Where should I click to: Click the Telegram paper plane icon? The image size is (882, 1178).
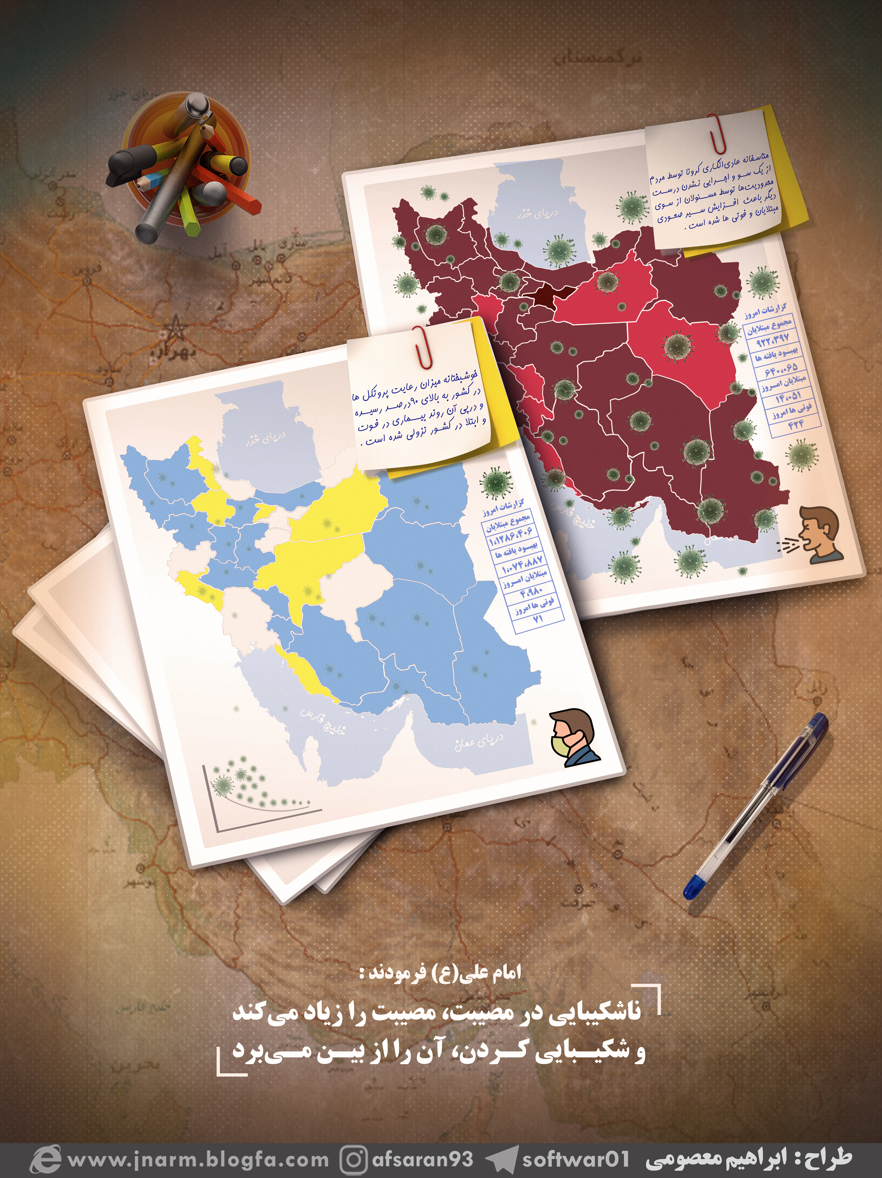[x=501, y=1159]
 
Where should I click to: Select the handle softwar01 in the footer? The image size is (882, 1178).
[x=575, y=1159]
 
